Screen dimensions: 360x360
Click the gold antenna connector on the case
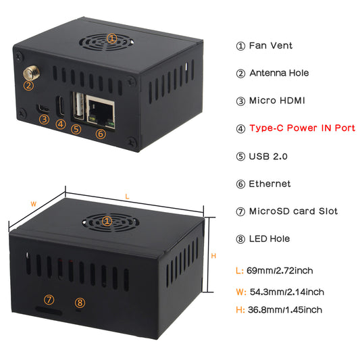pyautogui.click(x=30, y=72)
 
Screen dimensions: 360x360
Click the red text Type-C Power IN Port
pyautogui.click(x=302, y=128)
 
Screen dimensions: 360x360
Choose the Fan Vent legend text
pyautogui.click(x=271, y=46)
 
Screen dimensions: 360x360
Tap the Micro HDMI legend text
pyautogui.click(x=277, y=101)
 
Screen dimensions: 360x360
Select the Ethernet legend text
pyautogui.click(x=270, y=184)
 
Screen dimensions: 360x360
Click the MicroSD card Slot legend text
pyautogui.click(x=293, y=211)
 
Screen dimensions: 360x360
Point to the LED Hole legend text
pyautogui.click(x=269, y=238)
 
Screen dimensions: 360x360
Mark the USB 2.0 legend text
pyautogui.click(x=268, y=156)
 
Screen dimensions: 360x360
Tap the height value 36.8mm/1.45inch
pyautogui.click(x=284, y=310)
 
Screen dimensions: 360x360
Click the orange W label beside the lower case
pyautogui.click(x=33, y=203)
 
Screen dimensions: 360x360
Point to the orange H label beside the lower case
pyautogui.click(x=213, y=256)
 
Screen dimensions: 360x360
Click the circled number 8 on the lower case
pyautogui.click(x=80, y=302)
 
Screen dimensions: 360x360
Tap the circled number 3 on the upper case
pyautogui.click(x=44, y=120)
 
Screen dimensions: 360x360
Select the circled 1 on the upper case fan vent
pyautogui.click(x=112, y=39)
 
